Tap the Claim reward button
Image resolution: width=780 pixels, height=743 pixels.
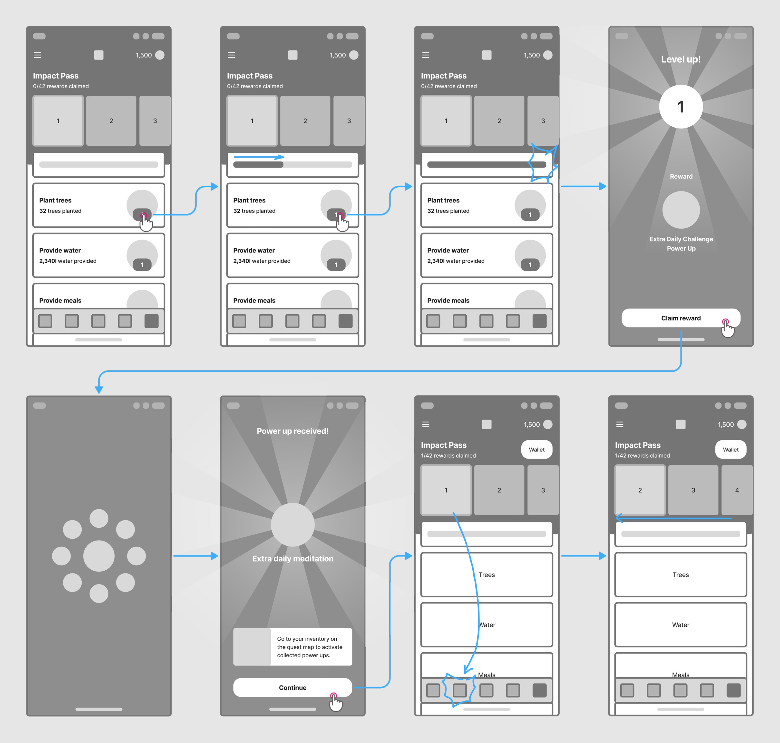[x=681, y=318]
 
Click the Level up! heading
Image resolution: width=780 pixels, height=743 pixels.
[x=681, y=60]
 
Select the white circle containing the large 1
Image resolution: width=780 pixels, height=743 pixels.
[x=681, y=107]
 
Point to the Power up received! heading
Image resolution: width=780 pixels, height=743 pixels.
[x=292, y=431]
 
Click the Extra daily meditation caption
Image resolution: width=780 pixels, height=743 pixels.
[x=293, y=558]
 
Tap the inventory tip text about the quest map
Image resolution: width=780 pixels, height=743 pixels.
[x=310, y=647]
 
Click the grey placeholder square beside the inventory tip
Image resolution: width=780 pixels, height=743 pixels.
[x=252, y=647]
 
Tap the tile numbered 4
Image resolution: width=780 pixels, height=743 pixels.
[x=737, y=490]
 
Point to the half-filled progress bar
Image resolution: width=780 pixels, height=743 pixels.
[x=292, y=165]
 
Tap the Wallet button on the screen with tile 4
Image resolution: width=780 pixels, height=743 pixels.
[x=731, y=450]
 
